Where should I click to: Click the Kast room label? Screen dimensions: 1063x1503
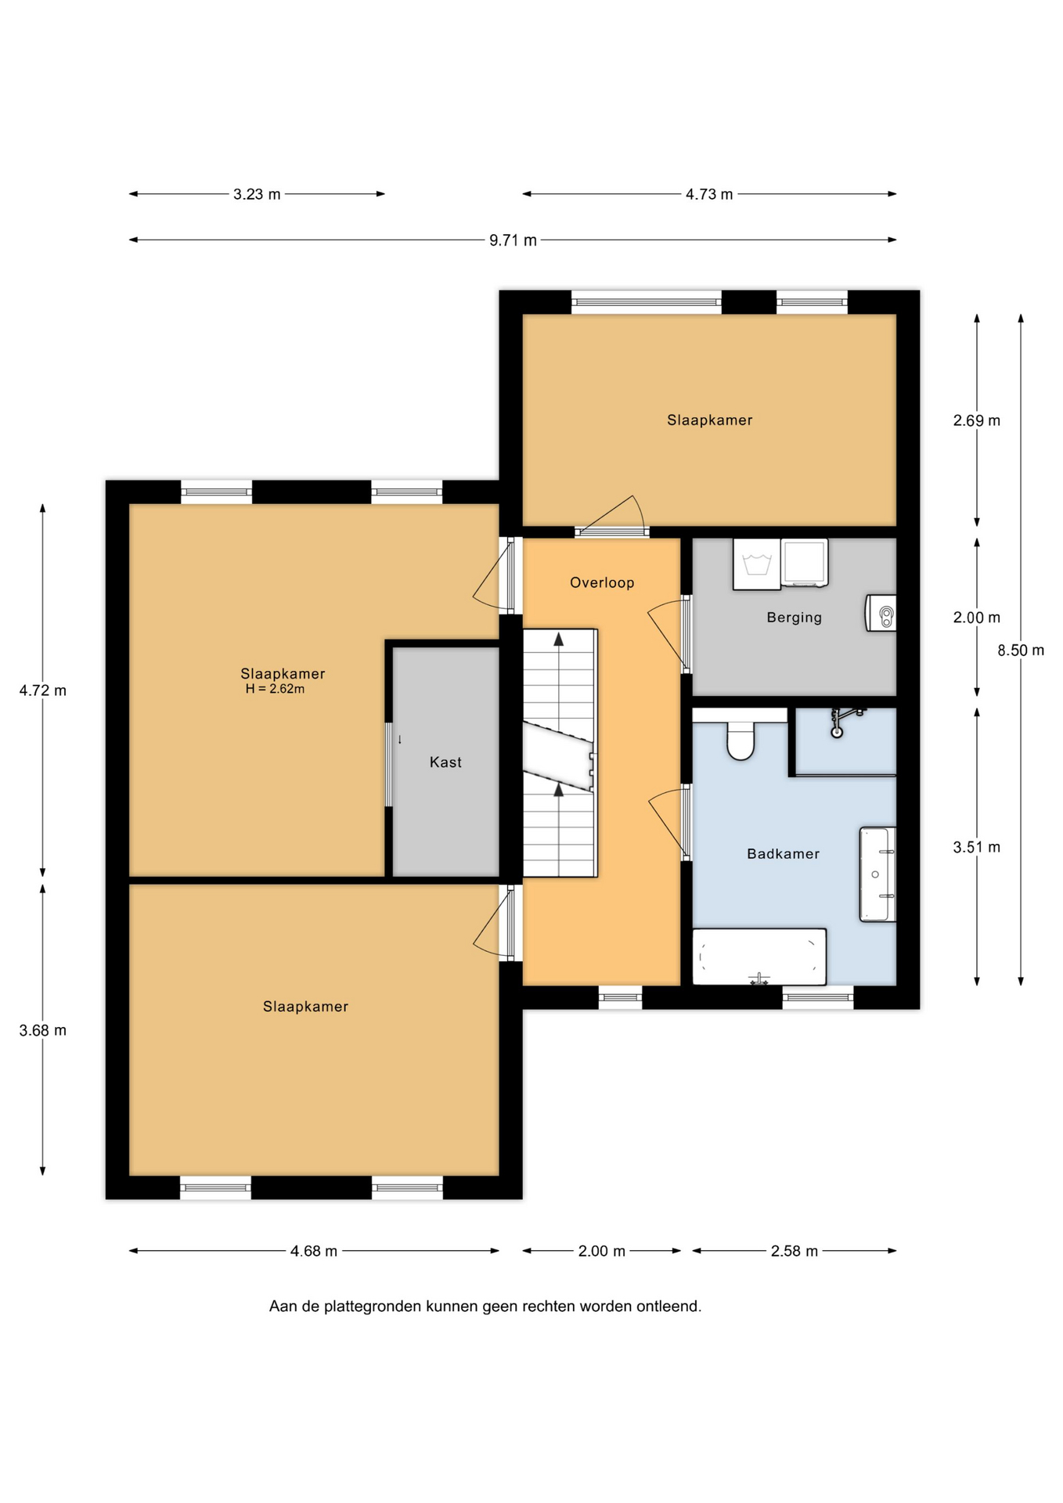(445, 762)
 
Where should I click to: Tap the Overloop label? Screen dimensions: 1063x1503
(602, 582)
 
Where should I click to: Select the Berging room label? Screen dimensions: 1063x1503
(794, 618)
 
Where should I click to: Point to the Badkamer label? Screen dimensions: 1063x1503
(783, 854)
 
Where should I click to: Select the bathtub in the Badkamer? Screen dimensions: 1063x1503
(759, 957)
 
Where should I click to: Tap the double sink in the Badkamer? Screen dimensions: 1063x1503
(877, 874)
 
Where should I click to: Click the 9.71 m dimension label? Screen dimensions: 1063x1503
(513, 240)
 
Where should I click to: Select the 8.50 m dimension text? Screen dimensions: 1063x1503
(1021, 651)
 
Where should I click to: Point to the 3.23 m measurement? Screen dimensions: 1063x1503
(257, 194)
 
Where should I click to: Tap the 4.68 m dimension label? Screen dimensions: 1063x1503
(314, 1251)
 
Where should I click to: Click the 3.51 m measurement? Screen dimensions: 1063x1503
(977, 847)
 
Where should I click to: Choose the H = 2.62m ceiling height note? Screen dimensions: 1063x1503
(275, 689)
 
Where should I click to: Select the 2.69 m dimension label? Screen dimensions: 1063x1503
(977, 420)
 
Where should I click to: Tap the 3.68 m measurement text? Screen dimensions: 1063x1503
(43, 1030)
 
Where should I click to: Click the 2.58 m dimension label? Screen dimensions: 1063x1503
(795, 1251)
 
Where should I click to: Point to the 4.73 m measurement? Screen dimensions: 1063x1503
(709, 194)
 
